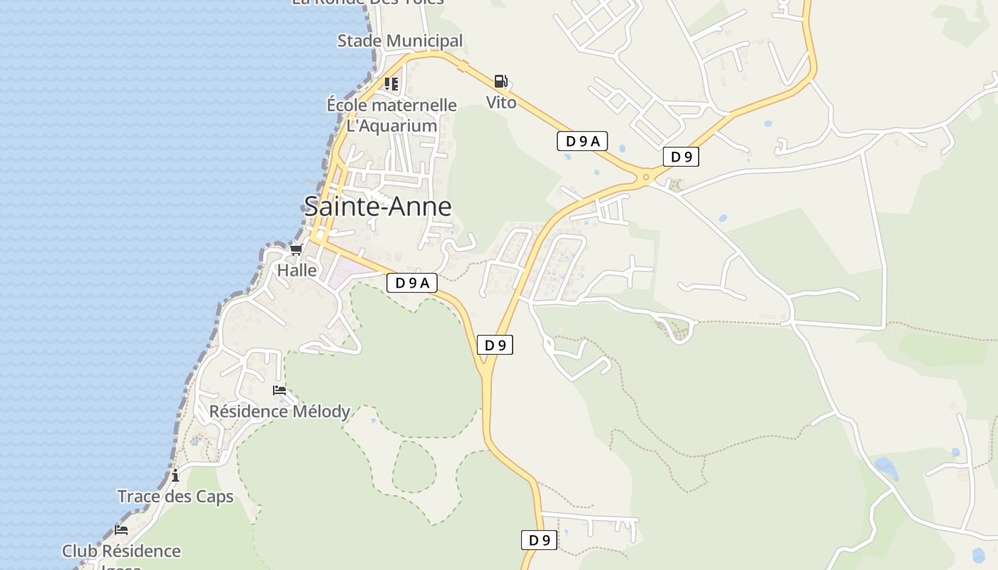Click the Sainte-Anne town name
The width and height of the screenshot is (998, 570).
378,207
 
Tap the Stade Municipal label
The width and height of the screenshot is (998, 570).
400,41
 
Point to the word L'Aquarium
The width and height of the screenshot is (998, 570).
391,126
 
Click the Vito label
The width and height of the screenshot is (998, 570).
501,103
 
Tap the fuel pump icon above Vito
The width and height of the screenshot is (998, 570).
501,81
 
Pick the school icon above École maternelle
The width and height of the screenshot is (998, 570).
391,84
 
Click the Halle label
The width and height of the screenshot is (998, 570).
297,271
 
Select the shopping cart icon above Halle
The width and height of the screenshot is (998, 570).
297,249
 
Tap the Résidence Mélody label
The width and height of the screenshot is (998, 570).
279,412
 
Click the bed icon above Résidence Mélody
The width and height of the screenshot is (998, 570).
279,390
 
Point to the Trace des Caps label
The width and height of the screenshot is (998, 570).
175,497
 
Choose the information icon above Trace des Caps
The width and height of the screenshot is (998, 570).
175,475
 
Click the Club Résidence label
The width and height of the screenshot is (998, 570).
121,551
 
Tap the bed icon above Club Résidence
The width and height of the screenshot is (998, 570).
121,530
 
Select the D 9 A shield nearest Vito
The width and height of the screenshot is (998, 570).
582,141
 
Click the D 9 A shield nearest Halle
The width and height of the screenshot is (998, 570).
411,283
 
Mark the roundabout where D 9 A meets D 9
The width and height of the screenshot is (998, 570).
647,176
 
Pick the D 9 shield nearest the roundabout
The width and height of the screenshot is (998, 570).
681,157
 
